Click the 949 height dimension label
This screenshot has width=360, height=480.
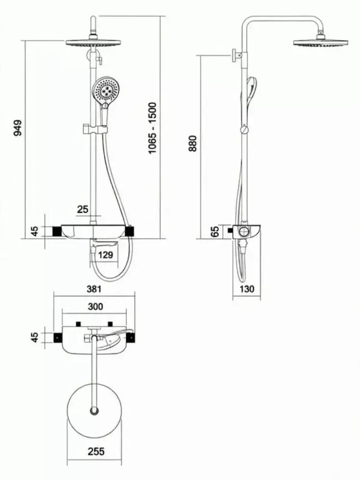point(18,128)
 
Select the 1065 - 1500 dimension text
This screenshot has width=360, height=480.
point(152,128)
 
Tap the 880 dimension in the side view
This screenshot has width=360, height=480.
point(193,143)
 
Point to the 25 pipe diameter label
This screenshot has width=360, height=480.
point(83,209)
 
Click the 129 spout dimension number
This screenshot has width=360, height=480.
point(106,254)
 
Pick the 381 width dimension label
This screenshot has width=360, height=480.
point(94,288)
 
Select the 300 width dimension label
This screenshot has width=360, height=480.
point(95,306)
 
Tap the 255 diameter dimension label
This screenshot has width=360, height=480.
point(96,451)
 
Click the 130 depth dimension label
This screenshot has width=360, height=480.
point(247,288)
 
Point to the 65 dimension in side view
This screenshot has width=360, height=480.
point(215,231)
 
